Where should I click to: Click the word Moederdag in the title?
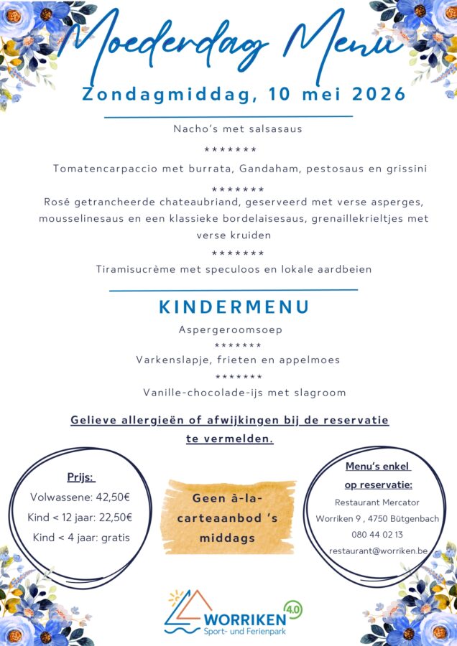tap(158, 45)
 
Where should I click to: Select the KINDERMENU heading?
tap(234, 307)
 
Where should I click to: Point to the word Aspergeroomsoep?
tap(230, 329)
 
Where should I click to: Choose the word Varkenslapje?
tap(169, 360)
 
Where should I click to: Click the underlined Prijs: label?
tap(80, 477)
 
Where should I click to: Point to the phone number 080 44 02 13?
tap(377, 535)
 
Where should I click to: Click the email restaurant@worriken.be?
tap(377, 551)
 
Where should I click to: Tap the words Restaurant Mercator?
tap(377, 502)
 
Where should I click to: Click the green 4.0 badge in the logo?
tap(293, 609)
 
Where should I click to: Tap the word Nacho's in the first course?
tap(195, 129)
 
